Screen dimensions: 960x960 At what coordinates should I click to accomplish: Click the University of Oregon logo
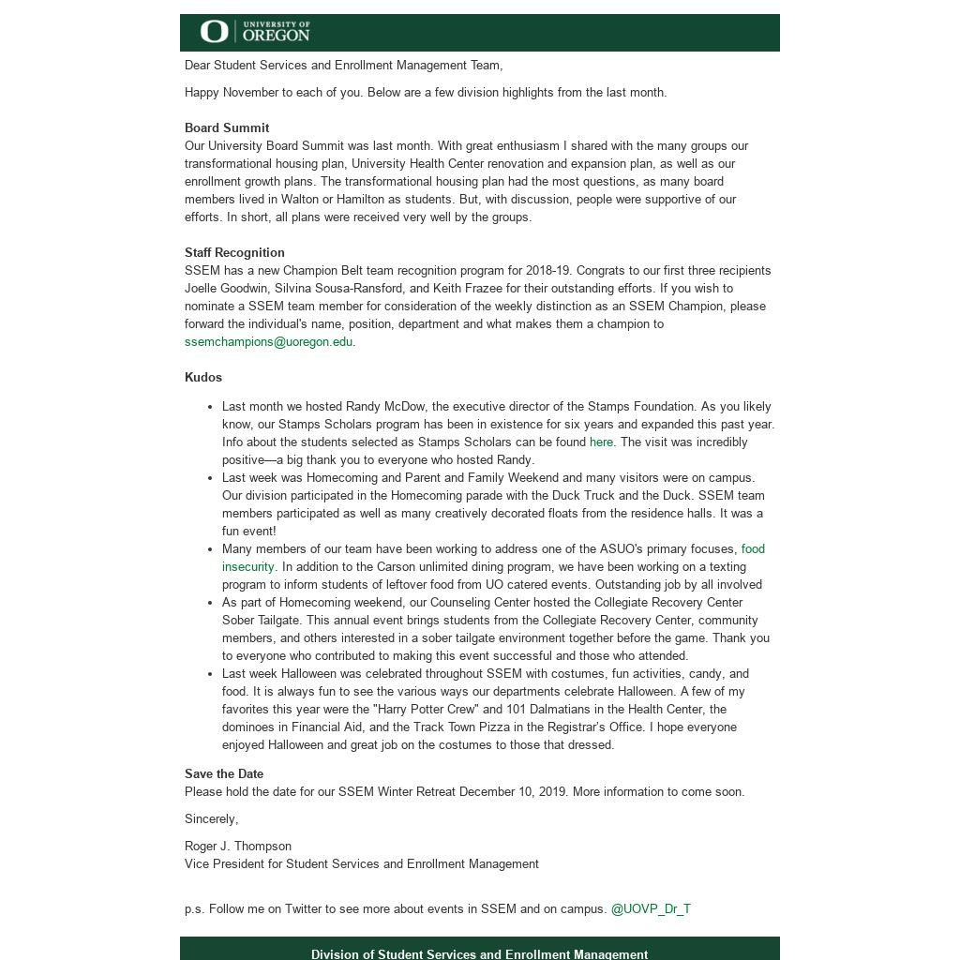[x=255, y=32]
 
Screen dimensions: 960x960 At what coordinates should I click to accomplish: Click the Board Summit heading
[x=227, y=128]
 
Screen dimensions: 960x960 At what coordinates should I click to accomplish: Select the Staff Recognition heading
[x=234, y=253]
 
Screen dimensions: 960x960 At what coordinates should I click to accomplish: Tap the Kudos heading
[x=203, y=378]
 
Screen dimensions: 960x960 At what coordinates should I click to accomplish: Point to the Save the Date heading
[x=224, y=774]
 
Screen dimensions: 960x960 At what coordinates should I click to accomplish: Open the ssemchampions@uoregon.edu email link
[x=268, y=342]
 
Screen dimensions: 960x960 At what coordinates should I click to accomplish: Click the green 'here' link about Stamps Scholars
[x=601, y=442]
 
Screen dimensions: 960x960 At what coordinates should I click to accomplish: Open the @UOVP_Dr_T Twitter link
[x=651, y=909]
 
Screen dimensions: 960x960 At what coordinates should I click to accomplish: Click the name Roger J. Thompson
[x=238, y=847]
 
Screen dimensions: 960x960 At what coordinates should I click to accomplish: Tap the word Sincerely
[x=211, y=819]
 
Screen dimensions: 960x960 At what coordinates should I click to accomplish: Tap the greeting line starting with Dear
[x=343, y=66]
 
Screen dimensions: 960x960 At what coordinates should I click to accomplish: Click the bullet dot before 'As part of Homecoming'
[x=210, y=603]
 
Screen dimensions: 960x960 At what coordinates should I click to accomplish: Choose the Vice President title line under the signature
[x=361, y=864]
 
